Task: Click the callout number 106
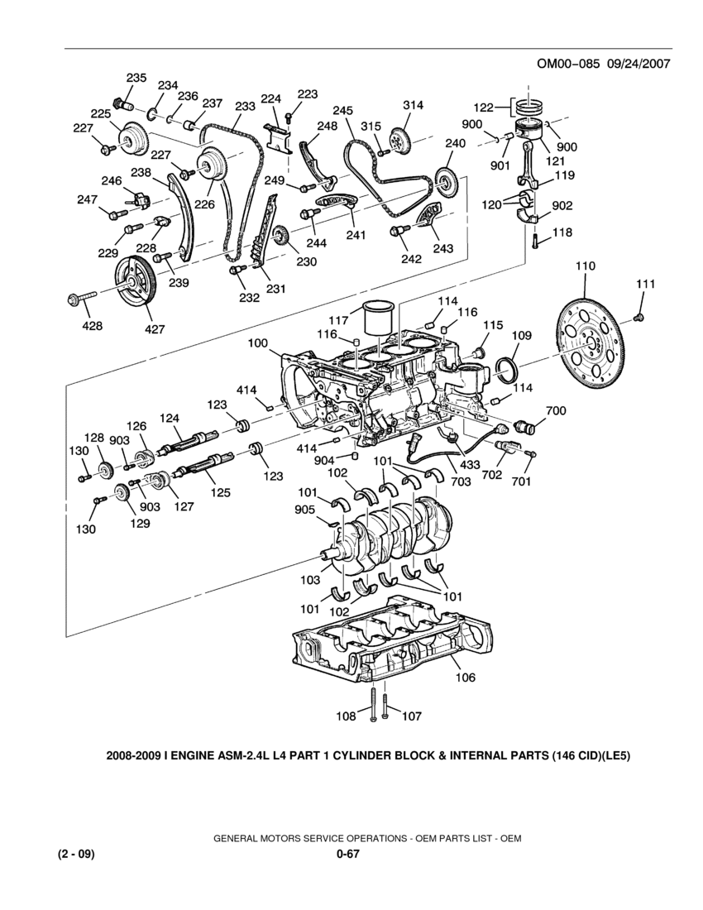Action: coord(465,677)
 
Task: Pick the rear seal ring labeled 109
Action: coord(507,370)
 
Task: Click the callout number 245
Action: coord(342,110)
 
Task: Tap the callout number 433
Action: coord(468,464)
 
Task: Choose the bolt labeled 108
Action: coord(373,702)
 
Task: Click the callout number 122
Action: coord(483,107)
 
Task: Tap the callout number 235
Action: coord(137,78)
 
